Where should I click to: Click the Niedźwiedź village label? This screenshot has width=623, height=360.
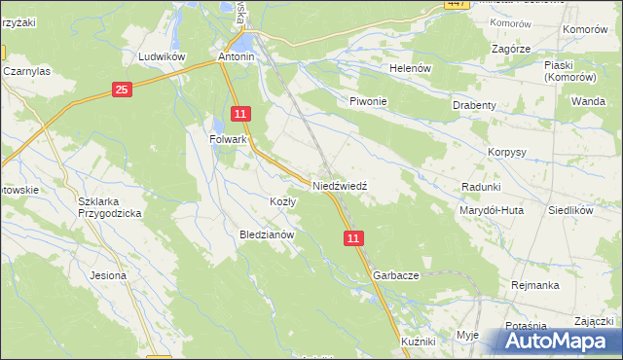pos(339,184)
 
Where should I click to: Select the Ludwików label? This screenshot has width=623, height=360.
pos(162,56)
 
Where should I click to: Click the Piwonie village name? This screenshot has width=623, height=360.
pos(369,101)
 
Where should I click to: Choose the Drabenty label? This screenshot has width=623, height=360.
pos(475,105)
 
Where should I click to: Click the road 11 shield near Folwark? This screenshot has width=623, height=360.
pos(241,115)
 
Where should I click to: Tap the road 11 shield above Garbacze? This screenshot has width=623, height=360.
pos(353,237)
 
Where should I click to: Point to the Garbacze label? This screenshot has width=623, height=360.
pos(395,275)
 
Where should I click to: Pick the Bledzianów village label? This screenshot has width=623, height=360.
pos(267,234)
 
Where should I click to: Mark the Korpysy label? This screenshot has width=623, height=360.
pos(506,153)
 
